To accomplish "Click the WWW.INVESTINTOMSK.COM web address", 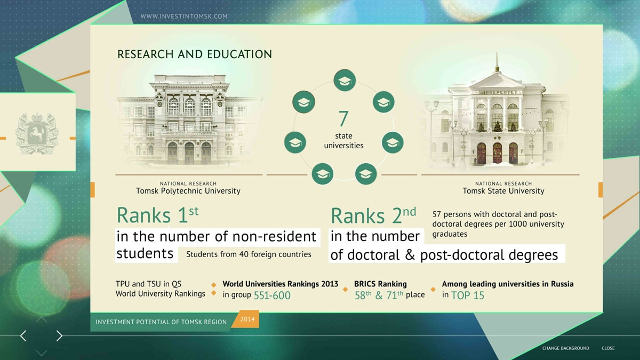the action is (184, 17).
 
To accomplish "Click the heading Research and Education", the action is (195, 54).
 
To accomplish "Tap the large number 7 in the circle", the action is (343, 118).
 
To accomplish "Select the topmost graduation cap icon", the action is (345, 81).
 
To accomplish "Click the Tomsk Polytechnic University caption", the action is (188, 191).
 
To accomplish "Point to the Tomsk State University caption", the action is (503, 191).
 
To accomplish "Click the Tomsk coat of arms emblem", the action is (37, 133).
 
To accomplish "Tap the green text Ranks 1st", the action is (157, 215).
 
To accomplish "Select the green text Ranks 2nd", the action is (373, 215).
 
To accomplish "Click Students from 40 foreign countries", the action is (249, 254).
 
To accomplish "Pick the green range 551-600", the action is (272, 295).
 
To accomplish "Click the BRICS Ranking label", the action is (380, 284).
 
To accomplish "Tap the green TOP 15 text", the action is (468, 295).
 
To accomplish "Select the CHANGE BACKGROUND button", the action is (566, 348).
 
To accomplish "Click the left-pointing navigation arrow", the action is (23, 336).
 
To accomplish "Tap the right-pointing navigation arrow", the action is (59, 336).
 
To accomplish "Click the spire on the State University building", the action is (497, 62).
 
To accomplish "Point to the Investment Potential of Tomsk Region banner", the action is (161, 322).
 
